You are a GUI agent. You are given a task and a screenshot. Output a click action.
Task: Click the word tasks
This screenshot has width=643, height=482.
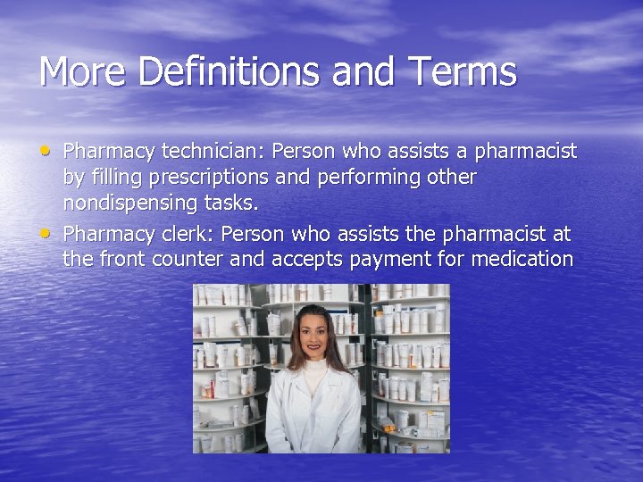coord(236,204)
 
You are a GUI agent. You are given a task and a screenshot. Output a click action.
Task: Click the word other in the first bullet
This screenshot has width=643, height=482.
coord(450,178)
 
